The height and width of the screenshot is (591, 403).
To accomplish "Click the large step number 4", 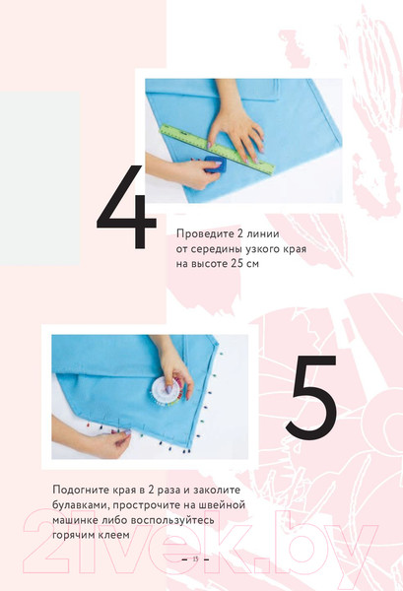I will [x=125, y=209].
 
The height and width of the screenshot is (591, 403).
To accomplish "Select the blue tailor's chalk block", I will [x=213, y=167].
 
